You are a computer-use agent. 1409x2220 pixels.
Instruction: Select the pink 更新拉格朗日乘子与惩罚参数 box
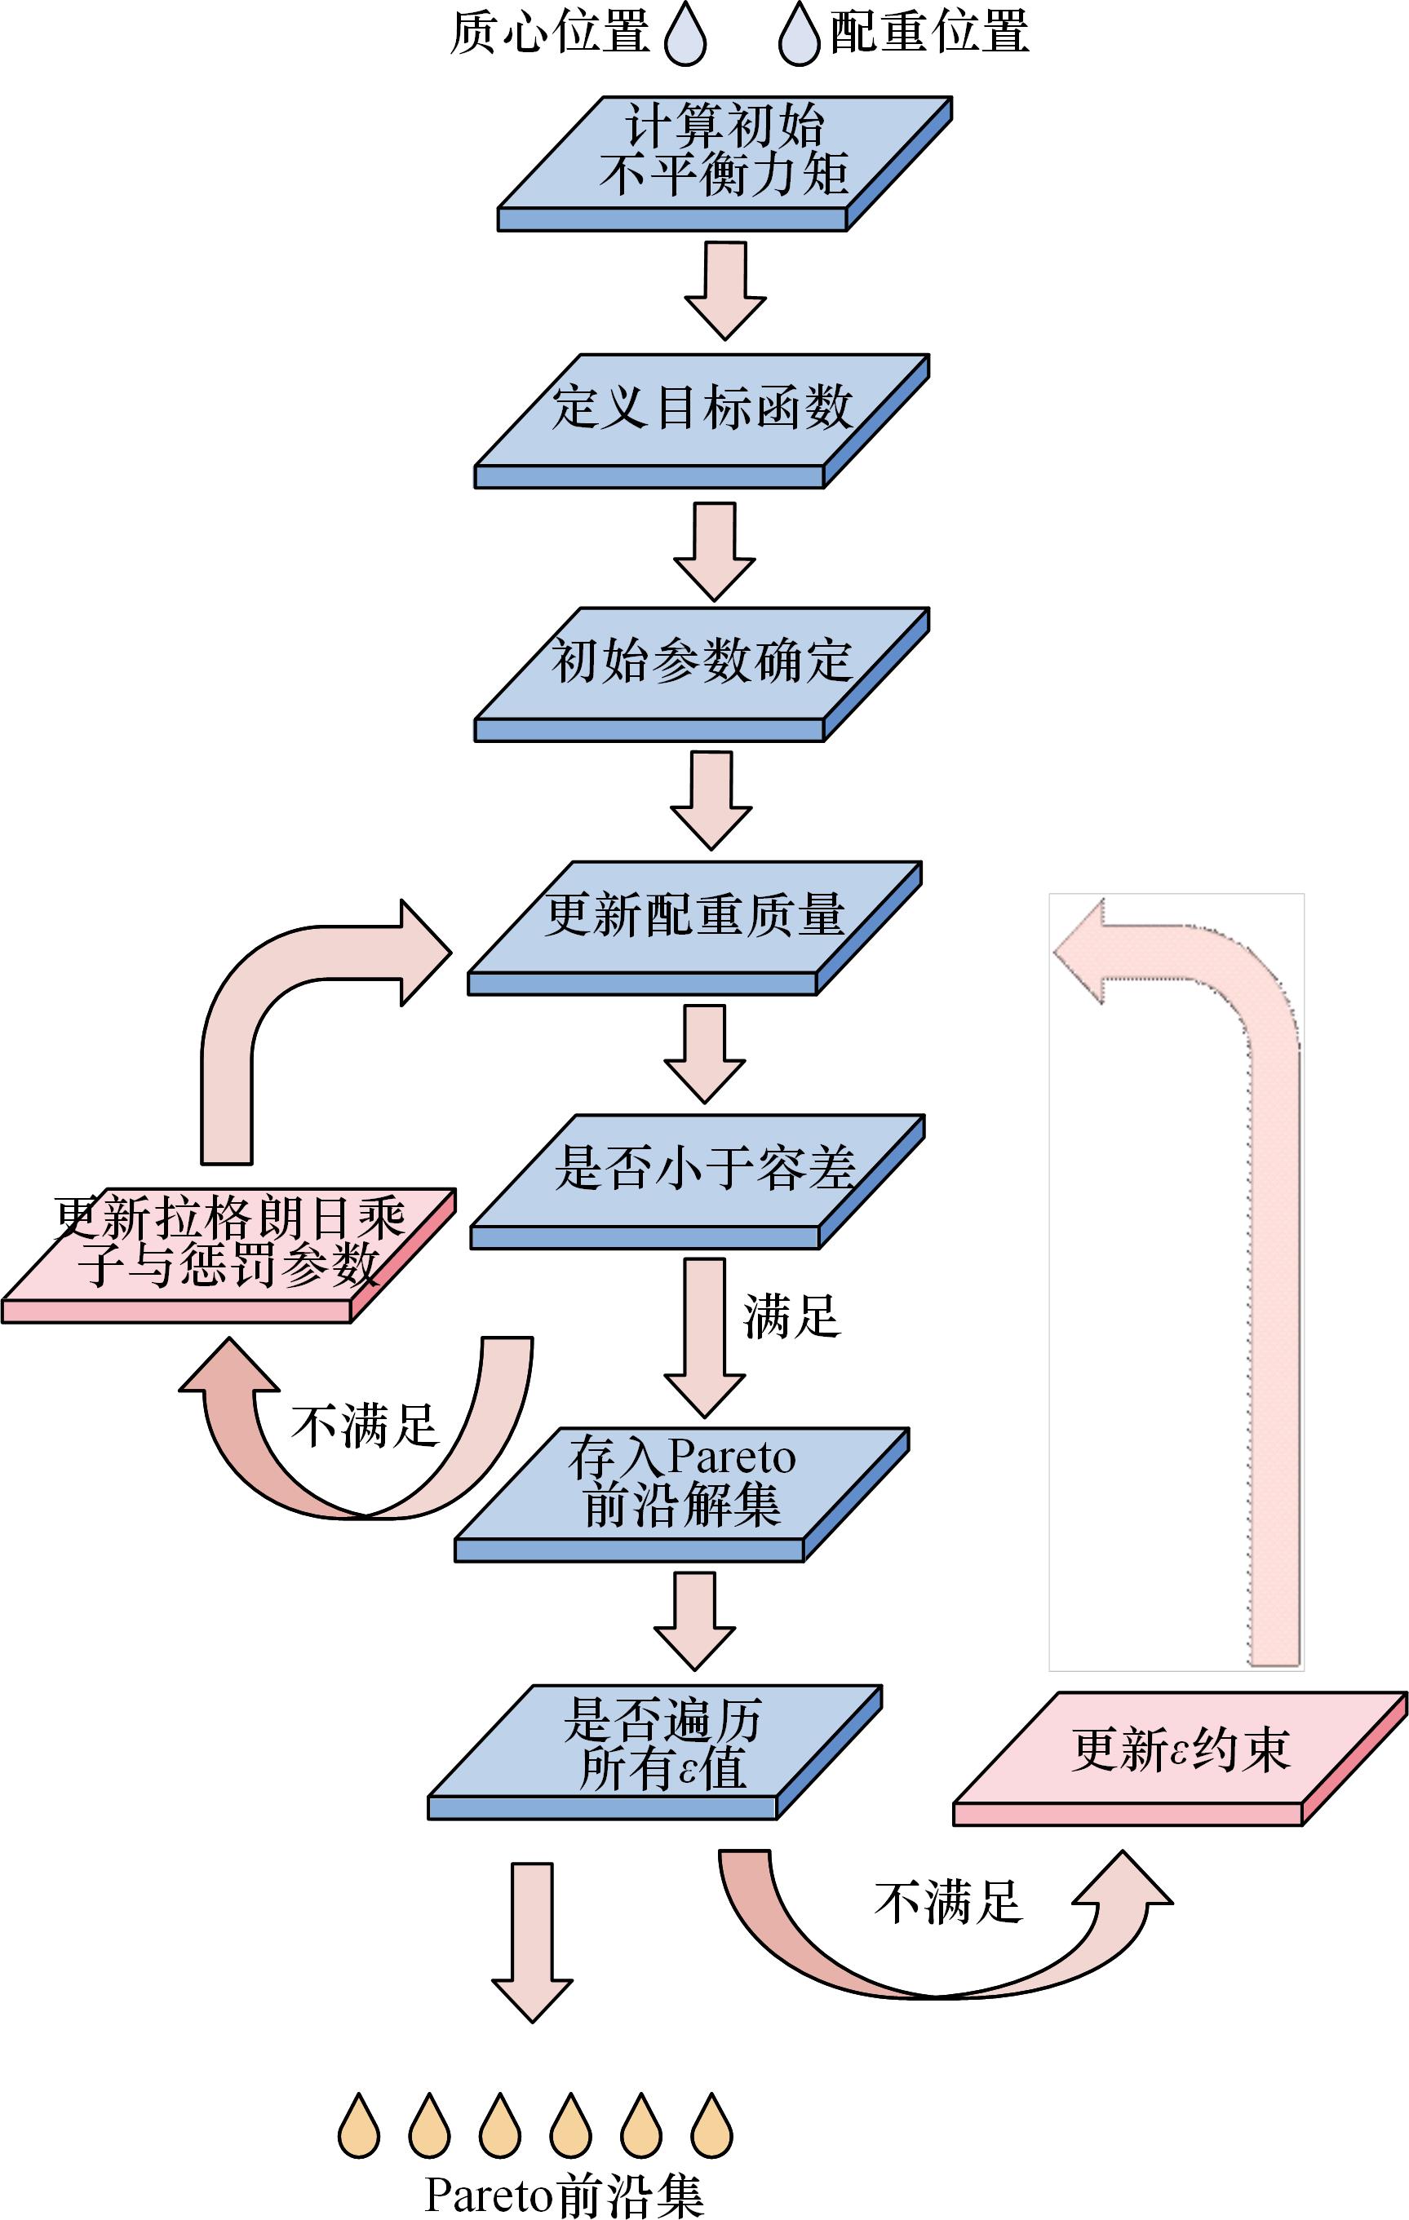click(228, 1245)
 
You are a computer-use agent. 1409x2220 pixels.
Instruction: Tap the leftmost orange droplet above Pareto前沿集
click(359, 2126)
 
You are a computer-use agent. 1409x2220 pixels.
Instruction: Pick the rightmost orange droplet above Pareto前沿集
click(712, 2126)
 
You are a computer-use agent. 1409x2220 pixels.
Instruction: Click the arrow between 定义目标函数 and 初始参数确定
click(715, 551)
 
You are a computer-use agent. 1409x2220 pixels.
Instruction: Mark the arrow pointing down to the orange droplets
click(532, 1940)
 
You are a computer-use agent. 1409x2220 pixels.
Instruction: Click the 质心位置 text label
click(550, 33)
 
